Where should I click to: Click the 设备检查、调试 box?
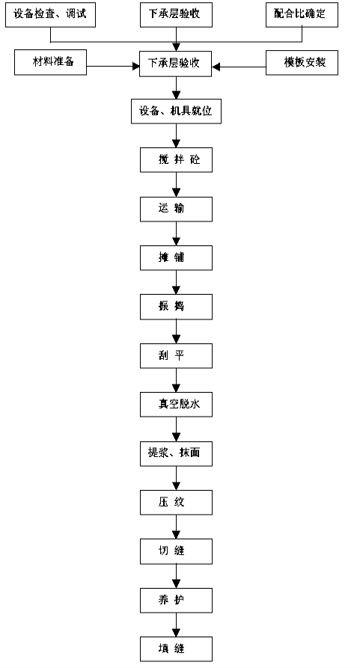[x=50, y=15]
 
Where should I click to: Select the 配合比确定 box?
[x=302, y=15]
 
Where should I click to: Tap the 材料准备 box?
[x=51, y=63]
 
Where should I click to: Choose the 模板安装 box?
[x=302, y=63]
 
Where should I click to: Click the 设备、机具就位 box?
[x=176, y=111]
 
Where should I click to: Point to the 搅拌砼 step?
[x=176, y=160]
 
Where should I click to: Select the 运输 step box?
[x=176, y=209]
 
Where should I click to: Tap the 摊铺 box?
[x=176, y=258]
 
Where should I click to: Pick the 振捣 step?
[x=176, y=307]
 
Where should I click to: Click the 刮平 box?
[x=176, y=356]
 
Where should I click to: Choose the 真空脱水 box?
[x=176, y=404]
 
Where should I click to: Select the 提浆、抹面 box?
[x=176, y=453]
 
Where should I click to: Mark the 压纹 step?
[x=176, y=502]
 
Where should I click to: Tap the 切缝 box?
[x=176, y=551]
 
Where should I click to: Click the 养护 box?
[x=176, y=600]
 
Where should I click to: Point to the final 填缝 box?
[x=176, y=649]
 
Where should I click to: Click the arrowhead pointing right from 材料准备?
[x=136, y=67]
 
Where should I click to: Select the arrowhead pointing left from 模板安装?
[x=216, y=67]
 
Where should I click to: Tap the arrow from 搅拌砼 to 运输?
[x=176, y=185]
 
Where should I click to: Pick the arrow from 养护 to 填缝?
[x=176, y=625]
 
